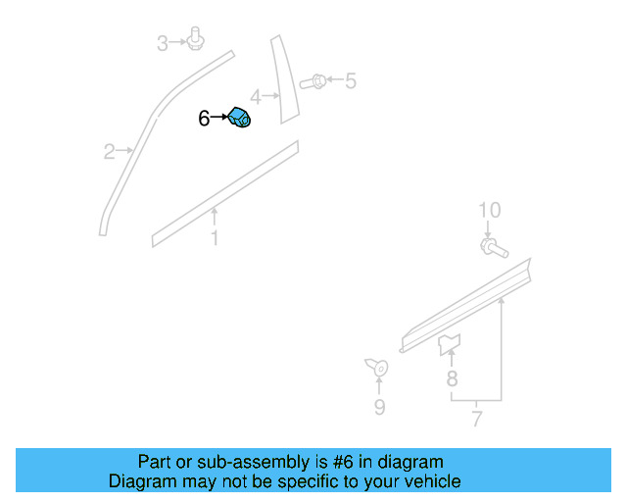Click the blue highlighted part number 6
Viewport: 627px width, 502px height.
240,119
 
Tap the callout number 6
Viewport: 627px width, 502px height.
204,119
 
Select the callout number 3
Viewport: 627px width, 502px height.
163,42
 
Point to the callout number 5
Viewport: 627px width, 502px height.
350,80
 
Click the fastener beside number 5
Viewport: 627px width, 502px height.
316,80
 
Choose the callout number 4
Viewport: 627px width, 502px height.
256,97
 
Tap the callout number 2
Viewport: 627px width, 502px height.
110,151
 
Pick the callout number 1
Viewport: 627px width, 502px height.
215,238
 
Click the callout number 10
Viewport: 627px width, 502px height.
489,210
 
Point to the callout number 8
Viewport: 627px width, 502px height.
452,378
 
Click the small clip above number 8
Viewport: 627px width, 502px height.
450,342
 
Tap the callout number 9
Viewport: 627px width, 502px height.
379,407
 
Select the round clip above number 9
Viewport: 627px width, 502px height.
377,368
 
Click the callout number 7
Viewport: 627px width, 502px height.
477,421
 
